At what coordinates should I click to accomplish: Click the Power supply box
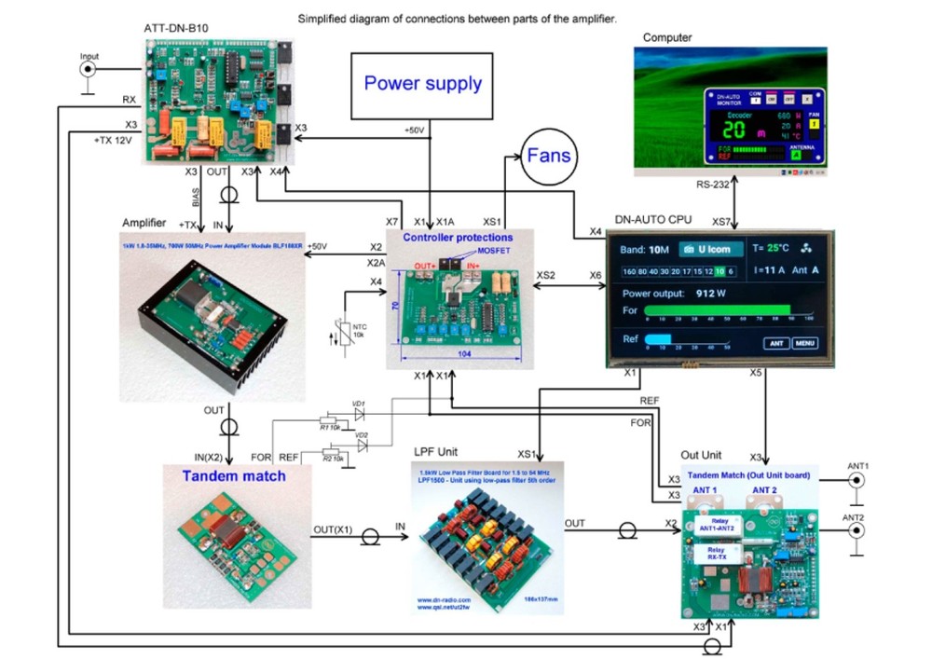[422, 85]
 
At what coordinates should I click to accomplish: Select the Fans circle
[548, 154]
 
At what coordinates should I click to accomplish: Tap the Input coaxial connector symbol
[89, 70]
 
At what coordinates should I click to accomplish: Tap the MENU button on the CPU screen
[805, 343]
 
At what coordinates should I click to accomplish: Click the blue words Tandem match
[234, 475]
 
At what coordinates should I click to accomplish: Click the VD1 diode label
[358, 404]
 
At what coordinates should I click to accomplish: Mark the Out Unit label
[701, 455]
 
